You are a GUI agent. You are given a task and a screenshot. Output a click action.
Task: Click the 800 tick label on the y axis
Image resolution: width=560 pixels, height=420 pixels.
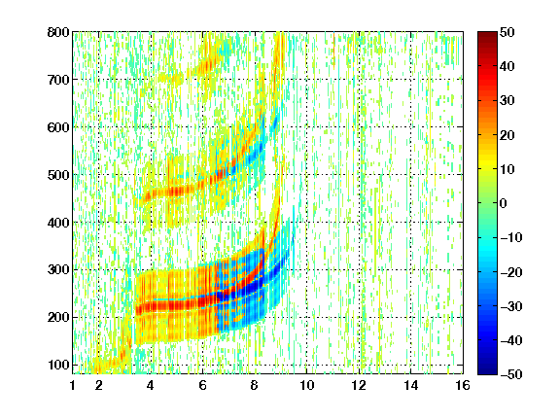58,32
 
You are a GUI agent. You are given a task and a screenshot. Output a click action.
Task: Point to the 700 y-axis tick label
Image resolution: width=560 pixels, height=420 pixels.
58,80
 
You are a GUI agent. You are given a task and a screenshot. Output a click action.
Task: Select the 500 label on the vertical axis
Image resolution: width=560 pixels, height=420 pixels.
58,175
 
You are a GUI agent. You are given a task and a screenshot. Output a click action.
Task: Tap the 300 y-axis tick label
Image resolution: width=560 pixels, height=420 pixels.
58,270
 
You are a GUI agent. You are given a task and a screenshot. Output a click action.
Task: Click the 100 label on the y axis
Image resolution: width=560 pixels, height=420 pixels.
58,365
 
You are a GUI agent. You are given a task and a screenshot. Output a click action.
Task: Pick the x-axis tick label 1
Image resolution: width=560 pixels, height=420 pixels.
73,385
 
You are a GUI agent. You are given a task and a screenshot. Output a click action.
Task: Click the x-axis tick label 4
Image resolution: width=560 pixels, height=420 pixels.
151,385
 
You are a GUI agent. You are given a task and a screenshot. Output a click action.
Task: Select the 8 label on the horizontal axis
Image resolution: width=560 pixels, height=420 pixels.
254,385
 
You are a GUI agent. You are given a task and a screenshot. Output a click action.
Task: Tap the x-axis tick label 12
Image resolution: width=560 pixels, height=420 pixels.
359,385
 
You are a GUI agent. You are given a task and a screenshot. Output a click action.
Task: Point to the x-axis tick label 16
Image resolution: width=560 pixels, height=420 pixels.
463,385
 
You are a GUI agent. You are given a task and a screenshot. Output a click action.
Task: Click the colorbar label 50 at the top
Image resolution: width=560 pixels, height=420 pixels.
507,32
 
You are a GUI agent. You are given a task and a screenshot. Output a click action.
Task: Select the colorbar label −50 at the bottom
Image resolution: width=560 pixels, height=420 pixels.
511,374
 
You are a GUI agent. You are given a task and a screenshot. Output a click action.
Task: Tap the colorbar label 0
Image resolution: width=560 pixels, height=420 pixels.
504,203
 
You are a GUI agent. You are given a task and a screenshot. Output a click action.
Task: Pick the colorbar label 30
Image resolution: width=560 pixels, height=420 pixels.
507,100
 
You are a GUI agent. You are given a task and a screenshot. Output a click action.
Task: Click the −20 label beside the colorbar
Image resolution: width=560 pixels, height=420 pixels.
511,272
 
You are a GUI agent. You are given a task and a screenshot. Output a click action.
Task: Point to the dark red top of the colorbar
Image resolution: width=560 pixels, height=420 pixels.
487,35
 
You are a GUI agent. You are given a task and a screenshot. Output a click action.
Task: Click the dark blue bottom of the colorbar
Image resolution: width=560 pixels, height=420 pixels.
487,371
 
